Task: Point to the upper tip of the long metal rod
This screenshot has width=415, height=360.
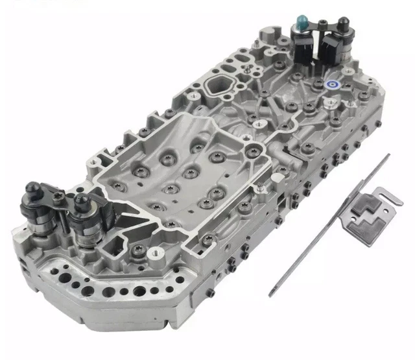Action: [x=388, y=155]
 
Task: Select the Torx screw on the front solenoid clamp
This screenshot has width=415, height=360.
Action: [x=60, y=193]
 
